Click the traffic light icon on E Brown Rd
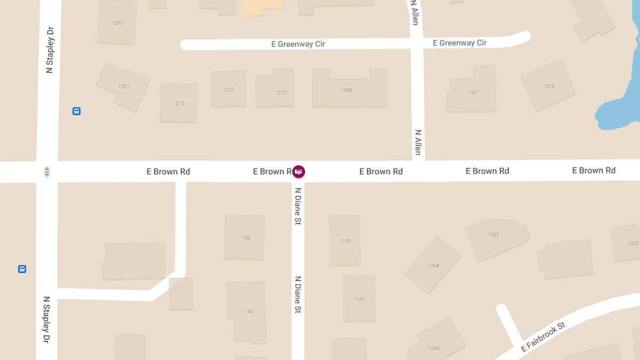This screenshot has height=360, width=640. coord(47,172)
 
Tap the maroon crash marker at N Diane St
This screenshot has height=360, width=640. coord(299,171)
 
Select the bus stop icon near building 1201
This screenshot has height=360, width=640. coord(76,111)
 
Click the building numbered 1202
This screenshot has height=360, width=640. coord(117,22)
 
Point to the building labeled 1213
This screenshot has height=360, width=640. coord(179,103)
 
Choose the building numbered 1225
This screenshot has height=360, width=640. coord(228,89)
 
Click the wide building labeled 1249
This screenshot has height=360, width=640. coord(349,90)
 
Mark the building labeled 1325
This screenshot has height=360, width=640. coord(549,85)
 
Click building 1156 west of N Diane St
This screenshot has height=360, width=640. coord(244,237)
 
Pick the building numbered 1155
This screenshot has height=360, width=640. coord(345,241)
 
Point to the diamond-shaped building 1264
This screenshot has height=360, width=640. coord(433,265)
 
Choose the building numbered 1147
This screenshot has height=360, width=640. coord(359,299)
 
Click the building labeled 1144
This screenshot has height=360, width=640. coord(247,311)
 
